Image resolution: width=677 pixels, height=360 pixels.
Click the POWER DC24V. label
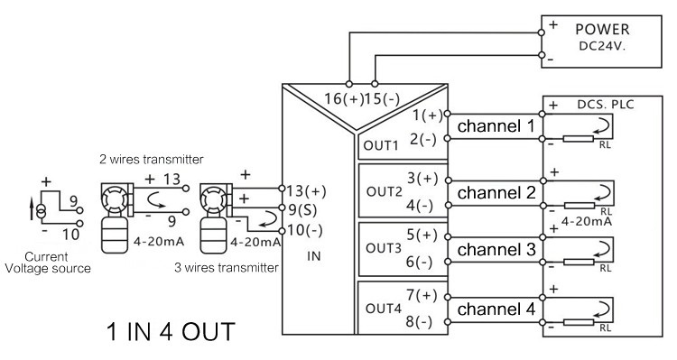tap(602, 37)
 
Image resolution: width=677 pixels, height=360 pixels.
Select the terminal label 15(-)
tap(382, 99)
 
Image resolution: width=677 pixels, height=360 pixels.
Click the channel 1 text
tap(496, 126)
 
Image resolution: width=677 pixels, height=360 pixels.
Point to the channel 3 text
tap(496, 250)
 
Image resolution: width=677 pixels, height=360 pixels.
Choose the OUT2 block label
tap(384, 191)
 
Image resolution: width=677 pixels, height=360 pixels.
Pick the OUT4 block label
tap(384, 309)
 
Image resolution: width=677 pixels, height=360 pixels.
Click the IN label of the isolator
tap(314, 256)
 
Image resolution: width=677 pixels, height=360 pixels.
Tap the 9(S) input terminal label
tap(302, 210)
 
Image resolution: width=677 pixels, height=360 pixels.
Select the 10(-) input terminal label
tap(304, 230)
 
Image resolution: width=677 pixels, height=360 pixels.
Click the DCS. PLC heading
tap(606, 105)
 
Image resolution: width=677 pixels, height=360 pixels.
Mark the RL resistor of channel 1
tap(579, 139)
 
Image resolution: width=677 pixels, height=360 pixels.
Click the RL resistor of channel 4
tap(579, 322)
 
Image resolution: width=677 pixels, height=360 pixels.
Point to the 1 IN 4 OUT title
tap(171, 332)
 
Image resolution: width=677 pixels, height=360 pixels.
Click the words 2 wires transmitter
tap(152, 160)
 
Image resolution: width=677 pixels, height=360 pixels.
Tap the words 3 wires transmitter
tap(227, 268)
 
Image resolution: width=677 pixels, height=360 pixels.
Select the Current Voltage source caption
tap(48, 263)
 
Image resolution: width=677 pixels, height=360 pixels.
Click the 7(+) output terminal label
tap(422, 296)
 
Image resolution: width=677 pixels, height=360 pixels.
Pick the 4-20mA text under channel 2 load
tap(587, 221)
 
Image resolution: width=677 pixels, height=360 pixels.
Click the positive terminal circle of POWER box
tap(542, 32)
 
